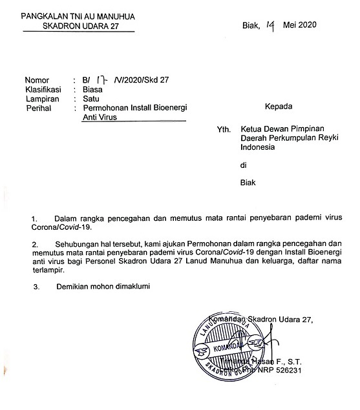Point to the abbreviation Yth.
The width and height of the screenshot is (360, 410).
click(x=224, y=128)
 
